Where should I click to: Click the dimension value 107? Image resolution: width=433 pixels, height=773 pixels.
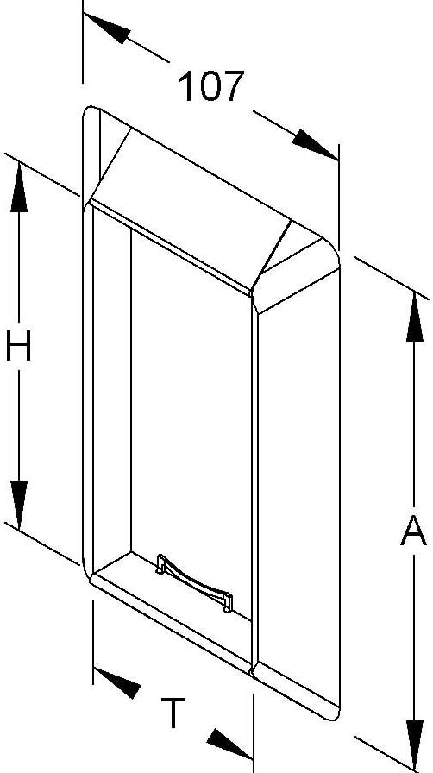click(211, 87)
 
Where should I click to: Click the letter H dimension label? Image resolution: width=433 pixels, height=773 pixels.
click(18, 346)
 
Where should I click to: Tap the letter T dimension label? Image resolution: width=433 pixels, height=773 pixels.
click(173, 713)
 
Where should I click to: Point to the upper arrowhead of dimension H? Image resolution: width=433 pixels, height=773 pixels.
click(19, 187)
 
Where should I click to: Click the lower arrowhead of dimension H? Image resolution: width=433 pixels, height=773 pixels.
click(19, 505)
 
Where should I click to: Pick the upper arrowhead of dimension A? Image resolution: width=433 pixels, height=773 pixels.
click(415, 317)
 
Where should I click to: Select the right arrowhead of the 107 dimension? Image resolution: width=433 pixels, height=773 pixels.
click(315, 144)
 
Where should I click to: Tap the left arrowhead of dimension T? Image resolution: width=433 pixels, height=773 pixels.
click(117, 682)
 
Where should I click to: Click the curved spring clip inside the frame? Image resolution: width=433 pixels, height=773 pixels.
click(194, 582)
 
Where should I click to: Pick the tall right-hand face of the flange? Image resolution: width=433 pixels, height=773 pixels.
click(298, 493)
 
